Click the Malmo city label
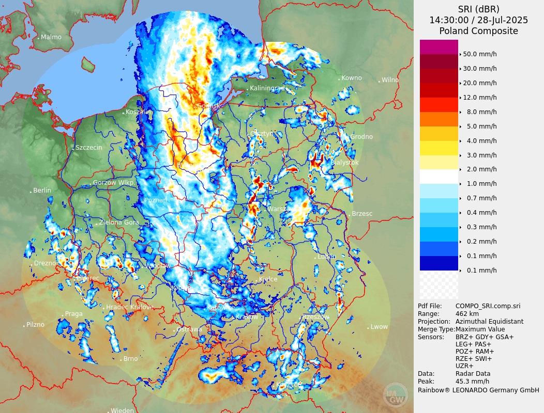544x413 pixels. pyautogui.click(x=51, y=37)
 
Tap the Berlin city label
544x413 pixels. pyautogui.click(x=42, y=190)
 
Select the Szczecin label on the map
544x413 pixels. pyautogui.click(x=88, y=148)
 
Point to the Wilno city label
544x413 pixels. pyautogui.click(x=390, y=80)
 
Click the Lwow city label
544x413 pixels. pyautogui.click(x=379, y=327)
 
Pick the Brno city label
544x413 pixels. pyautogui.click(x=130, y=359)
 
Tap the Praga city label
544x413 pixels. pyautogui.click(x=73, y=314)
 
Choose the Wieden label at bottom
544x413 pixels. pyautogui.click(x=122, y=411)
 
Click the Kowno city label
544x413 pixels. pyautogui.click(x=352, y=78)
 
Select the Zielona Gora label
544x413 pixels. pyautogui.click(x=118, y=223)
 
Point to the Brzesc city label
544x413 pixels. pyautogui.click(x=362, y=214)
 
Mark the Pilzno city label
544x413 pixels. pyautogui.click(x=35, y=325)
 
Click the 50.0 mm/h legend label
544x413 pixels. pyautogui.click(x=479, y=54)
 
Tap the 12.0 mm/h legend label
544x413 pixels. pyautogui.click(x=479, y=98)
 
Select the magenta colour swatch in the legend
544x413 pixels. pyautogui.click(x=439, y=47)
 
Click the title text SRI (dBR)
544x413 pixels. pyautogui.click(x=478, y=9)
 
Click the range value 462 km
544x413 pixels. pyautogui.click(x=467, y=314)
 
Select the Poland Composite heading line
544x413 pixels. pyautogui.click(x=478, y=31)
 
